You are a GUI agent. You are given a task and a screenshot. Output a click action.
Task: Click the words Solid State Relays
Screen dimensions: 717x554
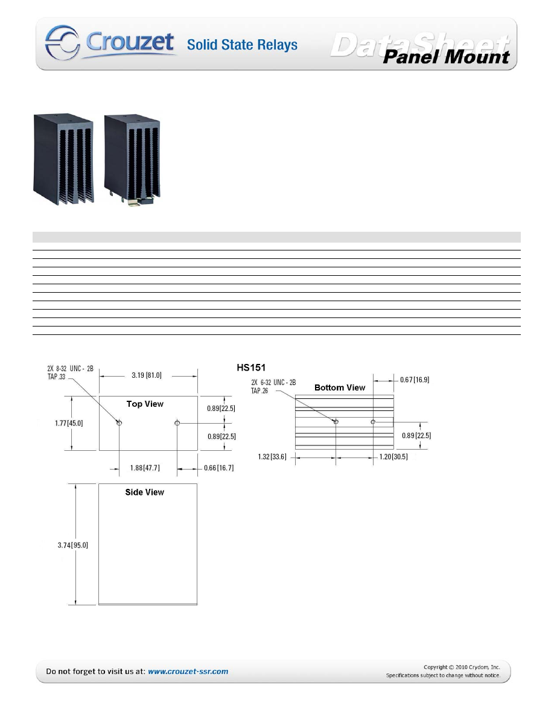pos(242,45)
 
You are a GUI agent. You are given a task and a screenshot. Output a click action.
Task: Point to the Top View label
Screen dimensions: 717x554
pos(145,404)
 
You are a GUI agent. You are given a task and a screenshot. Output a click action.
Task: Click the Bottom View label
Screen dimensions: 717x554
pos(340,387)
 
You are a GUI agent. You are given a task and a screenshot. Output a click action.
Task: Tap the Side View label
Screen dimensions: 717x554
pos(144,492)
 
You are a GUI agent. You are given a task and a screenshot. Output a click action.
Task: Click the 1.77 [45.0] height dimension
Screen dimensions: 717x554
pos(66,423)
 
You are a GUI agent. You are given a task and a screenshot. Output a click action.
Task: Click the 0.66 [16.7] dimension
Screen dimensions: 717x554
pos(218,468)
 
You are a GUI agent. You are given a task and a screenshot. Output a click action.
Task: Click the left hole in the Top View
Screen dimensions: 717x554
pos(119,423)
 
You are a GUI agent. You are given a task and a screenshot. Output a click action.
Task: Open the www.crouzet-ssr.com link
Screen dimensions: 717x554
pos(188,671)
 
